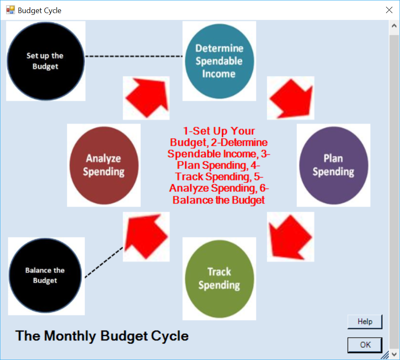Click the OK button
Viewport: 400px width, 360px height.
pos(365,345)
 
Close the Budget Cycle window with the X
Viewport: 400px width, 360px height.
pos(389,10)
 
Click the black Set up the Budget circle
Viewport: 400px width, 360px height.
pos(46,61)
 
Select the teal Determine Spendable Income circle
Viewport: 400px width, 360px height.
pos(219,61)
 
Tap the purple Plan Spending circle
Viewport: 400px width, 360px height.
pos(334,165)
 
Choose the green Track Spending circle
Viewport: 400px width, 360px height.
pos(219,279)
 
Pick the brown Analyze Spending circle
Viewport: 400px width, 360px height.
pos(104,165)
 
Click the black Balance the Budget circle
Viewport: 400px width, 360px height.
pos(45,275)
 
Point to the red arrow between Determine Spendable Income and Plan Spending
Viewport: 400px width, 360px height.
pos(291,98)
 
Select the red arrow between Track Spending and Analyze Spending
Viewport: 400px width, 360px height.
pos(146,236)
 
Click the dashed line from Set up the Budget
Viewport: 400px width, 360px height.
pos(134,56)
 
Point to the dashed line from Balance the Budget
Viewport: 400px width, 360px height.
pos(104,262)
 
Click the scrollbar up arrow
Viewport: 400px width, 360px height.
pos(394,26)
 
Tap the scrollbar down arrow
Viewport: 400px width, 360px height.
pos(394,355)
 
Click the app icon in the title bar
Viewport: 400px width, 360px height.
pos(11,10)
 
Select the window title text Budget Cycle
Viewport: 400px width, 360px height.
pos(40,11)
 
